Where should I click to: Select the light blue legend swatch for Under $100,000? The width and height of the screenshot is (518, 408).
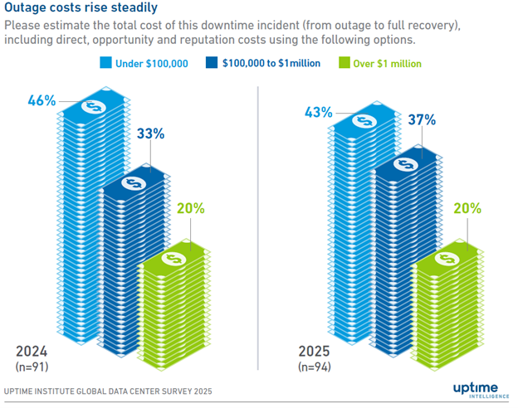pyautogui.click(x=105, y=63)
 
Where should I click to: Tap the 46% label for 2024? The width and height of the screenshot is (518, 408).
pyautogui.click(x=42, y=101)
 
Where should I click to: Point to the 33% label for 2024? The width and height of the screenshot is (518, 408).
pyautogui.click(x=150, y=133)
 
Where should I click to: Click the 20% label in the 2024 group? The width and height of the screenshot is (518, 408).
pyautogui.click(x=191, y=209)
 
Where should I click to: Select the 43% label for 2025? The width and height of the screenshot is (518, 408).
pyautogui.click(x=317, y=111)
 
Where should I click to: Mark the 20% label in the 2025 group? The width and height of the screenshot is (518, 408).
pyautogui.click(x=467, y=209)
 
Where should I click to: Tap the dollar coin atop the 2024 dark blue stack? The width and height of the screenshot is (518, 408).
pyautogui.click(x=132, y=183)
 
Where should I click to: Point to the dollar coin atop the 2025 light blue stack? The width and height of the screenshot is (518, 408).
pyautogui.click(x=364, y=119)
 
